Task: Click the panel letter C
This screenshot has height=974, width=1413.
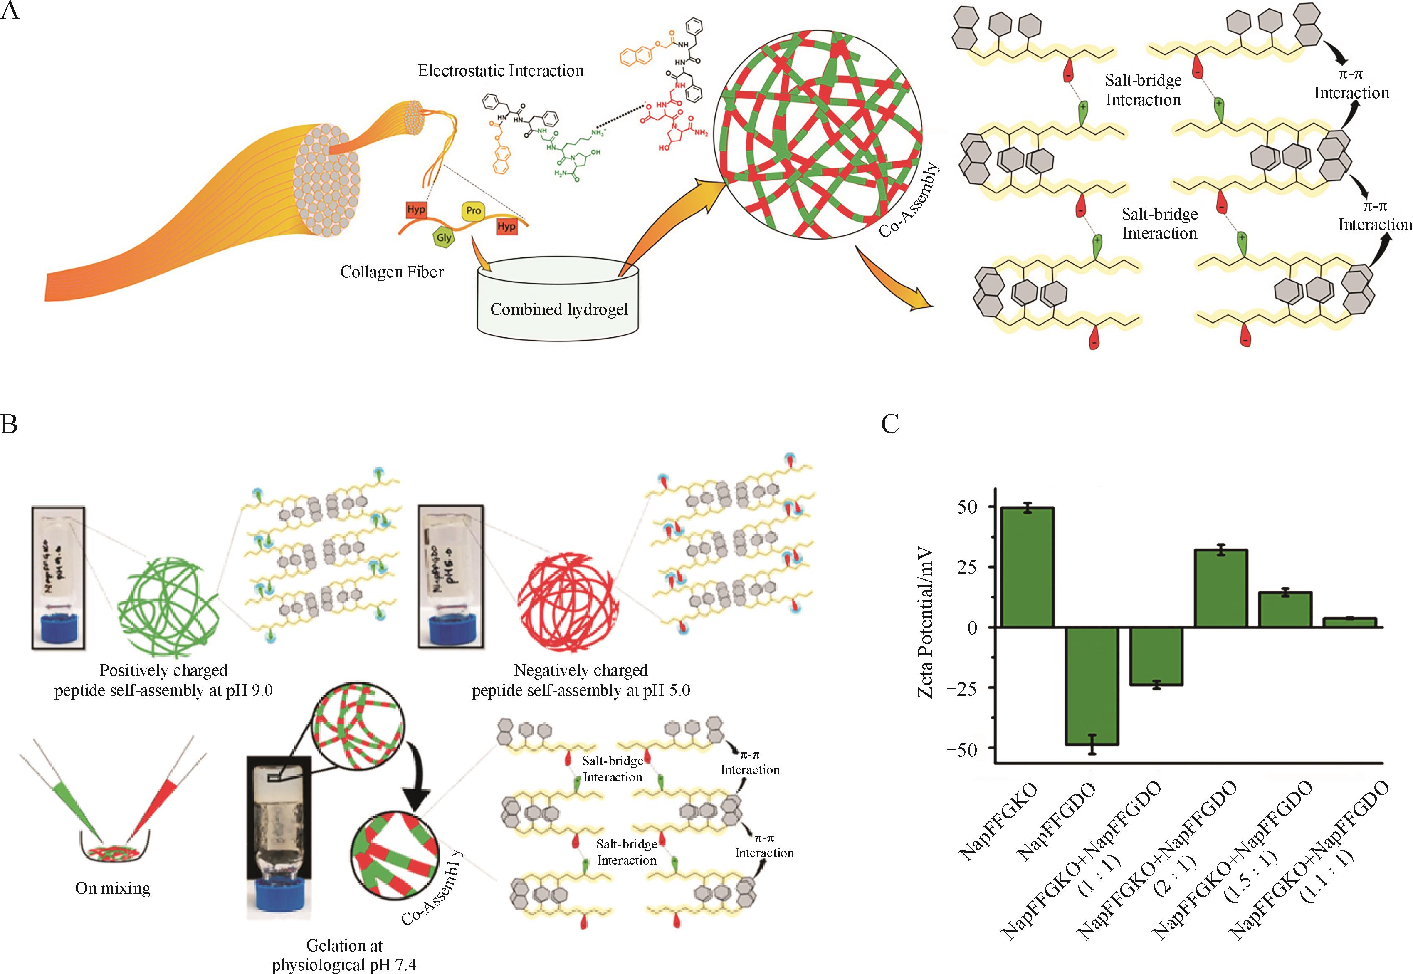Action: pos(890,423)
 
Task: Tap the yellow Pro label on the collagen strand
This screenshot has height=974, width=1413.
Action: pos(474,210)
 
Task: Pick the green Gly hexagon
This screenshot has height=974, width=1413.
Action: pos(444,237)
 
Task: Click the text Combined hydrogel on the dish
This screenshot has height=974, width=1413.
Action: pos(559,309)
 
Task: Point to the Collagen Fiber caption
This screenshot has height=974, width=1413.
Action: pos(392,272)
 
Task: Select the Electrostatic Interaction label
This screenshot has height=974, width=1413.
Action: pos(500,71)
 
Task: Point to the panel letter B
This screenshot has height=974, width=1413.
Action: pos(9,423)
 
